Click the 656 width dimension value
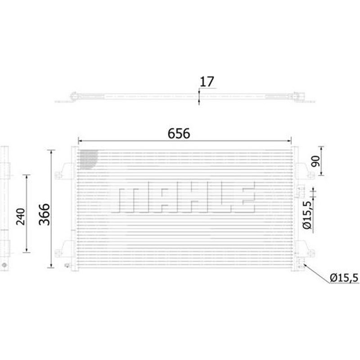tap(179, 133)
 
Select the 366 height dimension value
tap(44, 215)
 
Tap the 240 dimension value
tap(20, 216)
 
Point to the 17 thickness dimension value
tap(207, 82)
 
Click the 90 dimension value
tap(315, 161)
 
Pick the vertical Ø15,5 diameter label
tap(307, 215)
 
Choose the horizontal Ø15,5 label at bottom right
tap(344, 278)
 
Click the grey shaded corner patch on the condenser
tap(88, 159)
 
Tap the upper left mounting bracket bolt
tap(58, 175)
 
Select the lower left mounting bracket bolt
tap(58, 253)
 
